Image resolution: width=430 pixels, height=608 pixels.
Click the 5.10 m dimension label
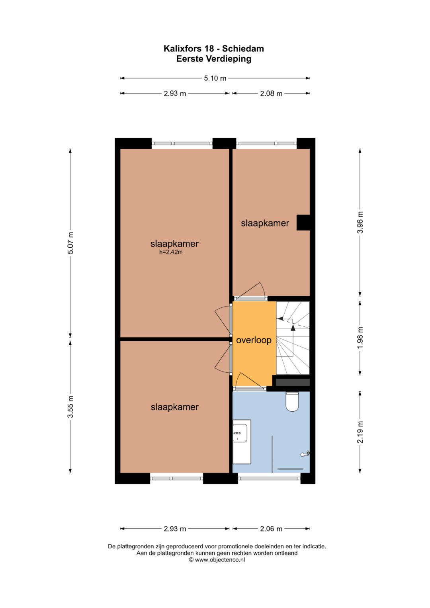point(215,78)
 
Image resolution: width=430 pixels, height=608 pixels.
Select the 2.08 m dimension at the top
point(271,94)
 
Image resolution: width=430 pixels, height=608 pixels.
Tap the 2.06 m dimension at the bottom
point(271,528)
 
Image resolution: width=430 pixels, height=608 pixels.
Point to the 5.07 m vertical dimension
point(70,243)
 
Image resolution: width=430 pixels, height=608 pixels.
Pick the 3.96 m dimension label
point(360,222)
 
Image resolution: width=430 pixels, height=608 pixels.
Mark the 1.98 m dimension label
point(360,338)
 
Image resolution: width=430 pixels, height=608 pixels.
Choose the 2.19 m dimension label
point(360,432)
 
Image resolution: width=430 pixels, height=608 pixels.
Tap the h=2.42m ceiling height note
point(171,252)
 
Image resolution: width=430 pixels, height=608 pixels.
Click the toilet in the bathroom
point(292,401)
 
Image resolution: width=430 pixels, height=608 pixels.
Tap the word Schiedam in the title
point(243,49)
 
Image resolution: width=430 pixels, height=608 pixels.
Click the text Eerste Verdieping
point(214,59)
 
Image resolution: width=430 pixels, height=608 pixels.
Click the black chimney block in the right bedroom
point(303,223)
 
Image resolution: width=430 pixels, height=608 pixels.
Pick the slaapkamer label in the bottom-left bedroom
point(174,407)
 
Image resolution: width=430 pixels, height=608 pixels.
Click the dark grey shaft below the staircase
point(293,383)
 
